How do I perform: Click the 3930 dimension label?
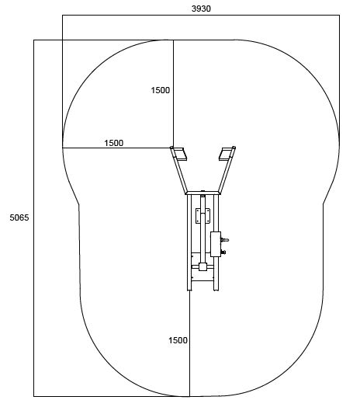pyautogui.click(x=201, y=9)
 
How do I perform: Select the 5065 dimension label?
pyautogui.click(x=19, y=217)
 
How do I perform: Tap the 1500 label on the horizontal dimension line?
pyautogui.click(x=113, y=143)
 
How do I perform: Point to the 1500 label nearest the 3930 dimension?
pyautogui.click(x=161, y=90)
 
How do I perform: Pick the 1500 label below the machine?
pyautogui.click(x=178, y=340)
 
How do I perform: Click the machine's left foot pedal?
pyautogui.click(x=181, y=155)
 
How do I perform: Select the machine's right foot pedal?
pyautogui.click(x=225, y=155)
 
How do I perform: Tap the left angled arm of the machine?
pyautogui.click(x=179, y=171)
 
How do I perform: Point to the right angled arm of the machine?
pyautogui.click(x=227, y=171)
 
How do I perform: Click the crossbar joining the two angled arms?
pyautogui.click(x=202, y=193)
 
